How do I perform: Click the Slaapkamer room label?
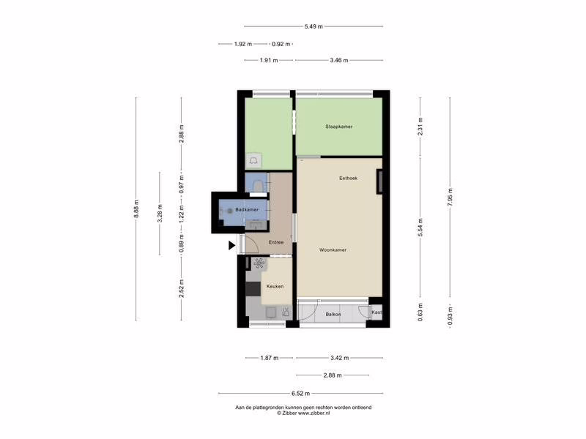pyautogui.click(x=339, y=127)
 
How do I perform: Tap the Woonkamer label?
pyautogui.click(x=333, y=249)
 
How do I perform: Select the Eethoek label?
pyautogui.click(x=349, y=178)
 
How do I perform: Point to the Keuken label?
pyautogui.click(x=275, y=286)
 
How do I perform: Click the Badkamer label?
pyautogui.click(x=247, y=209)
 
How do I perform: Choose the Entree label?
pyautogui.click(x=276, y=242)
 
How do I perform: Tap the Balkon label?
pyautogui.click(x=333, y=315)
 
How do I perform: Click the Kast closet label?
pyautogui.click(x=377, y=312)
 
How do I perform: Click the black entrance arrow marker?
pyautogui.click(x=231, y=245)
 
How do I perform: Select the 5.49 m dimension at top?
pyautogui.click(x=314, y=26)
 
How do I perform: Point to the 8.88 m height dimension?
pyautogui.click(x=136, y=209)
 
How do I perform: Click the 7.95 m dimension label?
pyautogui.click(x=450, y=197)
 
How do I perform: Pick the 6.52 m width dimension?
pyautogui.click(x=301, y=393)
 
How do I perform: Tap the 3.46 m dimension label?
pyautogui.click(x=339, y=60)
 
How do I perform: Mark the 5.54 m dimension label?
pyautogui.click(x=420, y=228)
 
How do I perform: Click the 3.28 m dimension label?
pyautogui.click(x=160, y=213)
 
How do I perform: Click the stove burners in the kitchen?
pyautogui.click(x=259, y=263)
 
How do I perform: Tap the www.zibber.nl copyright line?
pyautogui.click(x=303, y=413)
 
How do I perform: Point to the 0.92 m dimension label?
pyautogui.click(x=281, y=44)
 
